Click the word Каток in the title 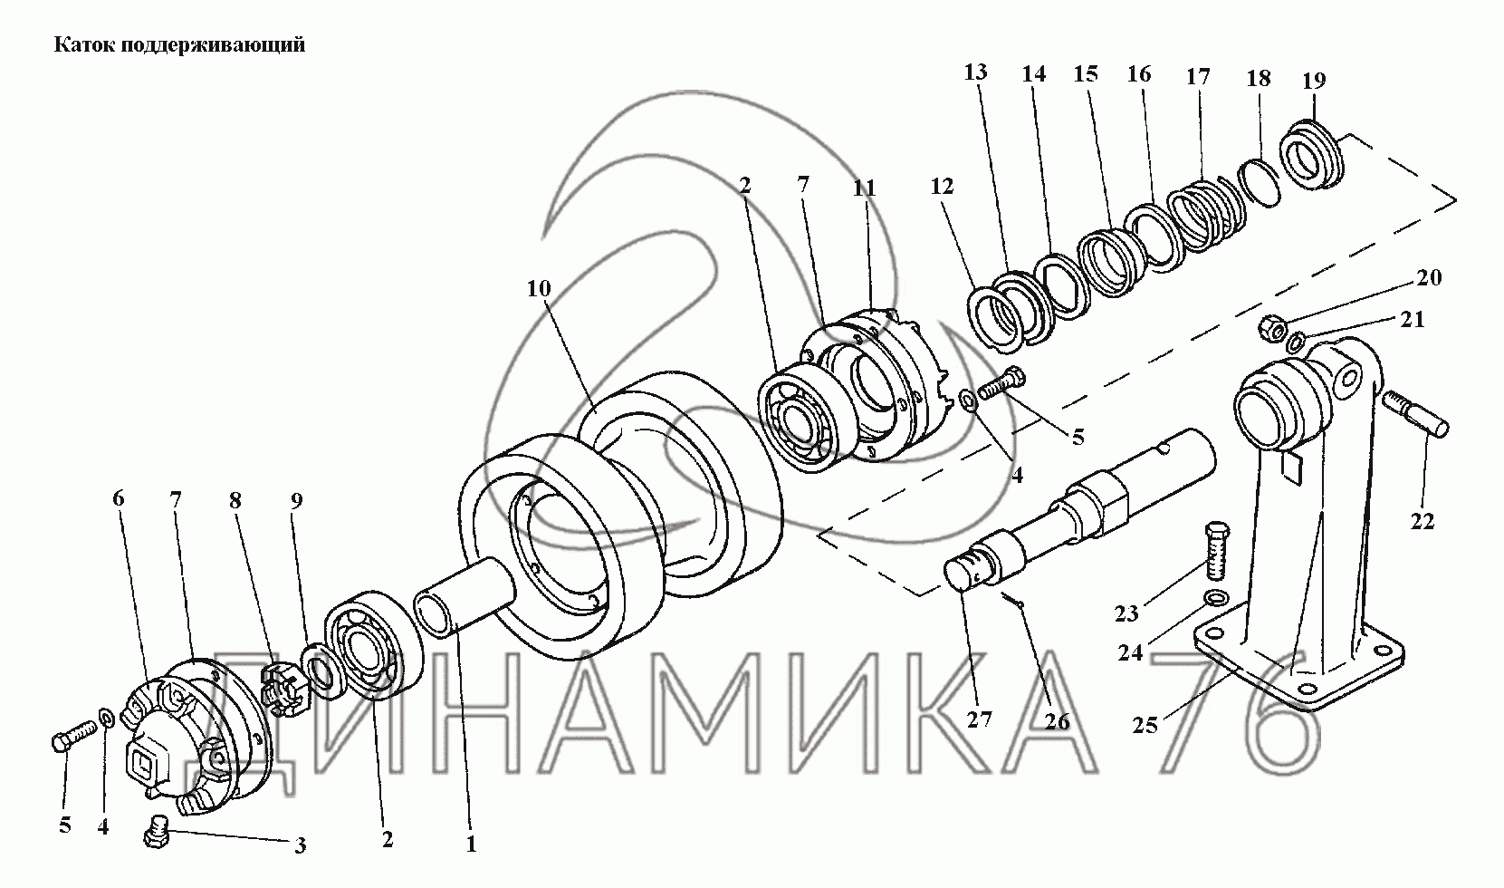(85, 45)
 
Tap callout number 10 (539, 289)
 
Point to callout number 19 (1314, 81)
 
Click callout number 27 (979, 719)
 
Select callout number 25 (1145, 726)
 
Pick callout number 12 (942, 186)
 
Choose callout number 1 (472, 845)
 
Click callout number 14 (1034, 74)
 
